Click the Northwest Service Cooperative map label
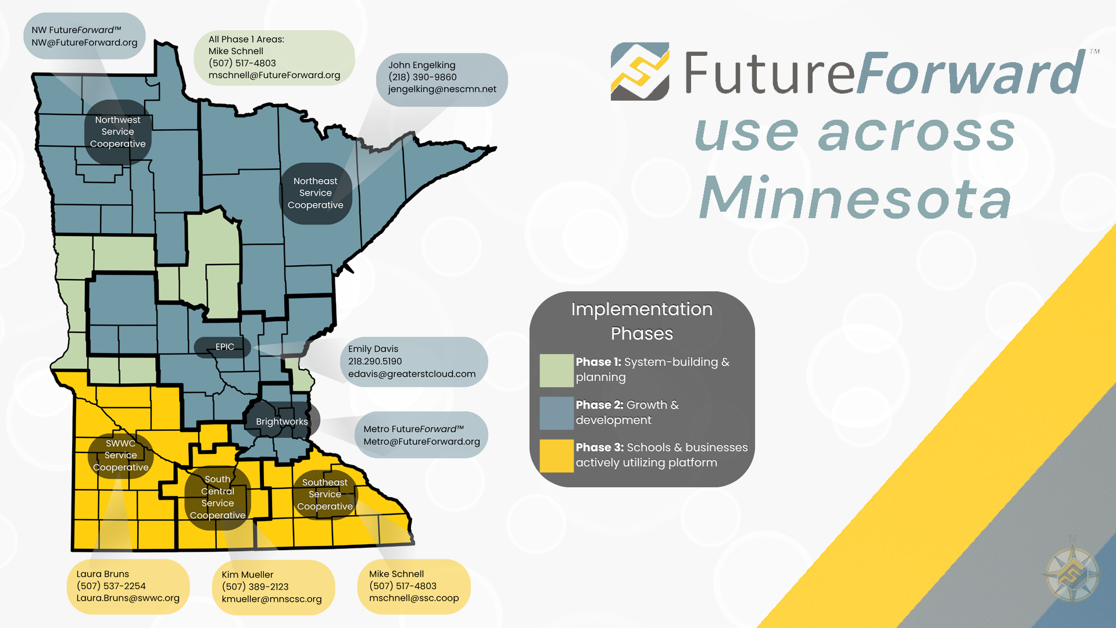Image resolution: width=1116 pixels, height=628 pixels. tap(118, 132)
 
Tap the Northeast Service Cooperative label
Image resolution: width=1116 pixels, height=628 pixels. tap(316, 193)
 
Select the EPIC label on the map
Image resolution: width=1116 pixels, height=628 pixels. tap(224, 347)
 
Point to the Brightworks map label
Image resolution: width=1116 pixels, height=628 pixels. tap(282, 421)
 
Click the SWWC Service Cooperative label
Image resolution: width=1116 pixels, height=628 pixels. tap(121, 455)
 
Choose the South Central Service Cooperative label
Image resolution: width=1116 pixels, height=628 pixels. tap(217, 498)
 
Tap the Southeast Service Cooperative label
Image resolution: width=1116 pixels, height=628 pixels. tap(325, 495)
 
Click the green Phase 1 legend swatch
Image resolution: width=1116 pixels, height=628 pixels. tap(556, 370)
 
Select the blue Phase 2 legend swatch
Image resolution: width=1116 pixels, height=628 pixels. tap(556, 413)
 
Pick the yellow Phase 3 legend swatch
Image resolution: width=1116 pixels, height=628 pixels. tap(556, 455)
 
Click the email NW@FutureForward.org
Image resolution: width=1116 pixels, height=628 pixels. tap(85, 42)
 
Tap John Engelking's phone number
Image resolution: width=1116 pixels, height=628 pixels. tap(423, 77)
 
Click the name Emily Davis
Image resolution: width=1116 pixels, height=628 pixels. tap(373, 349)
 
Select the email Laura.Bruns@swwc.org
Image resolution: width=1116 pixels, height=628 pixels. tap(128, 598)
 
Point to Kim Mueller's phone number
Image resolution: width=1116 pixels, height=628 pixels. tap(255, 587)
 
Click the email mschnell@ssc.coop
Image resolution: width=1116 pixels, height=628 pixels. tap(414, 598)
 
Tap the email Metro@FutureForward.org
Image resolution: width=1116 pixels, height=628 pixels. tap(422, 441)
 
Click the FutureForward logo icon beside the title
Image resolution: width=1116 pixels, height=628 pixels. tap(640, 72)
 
